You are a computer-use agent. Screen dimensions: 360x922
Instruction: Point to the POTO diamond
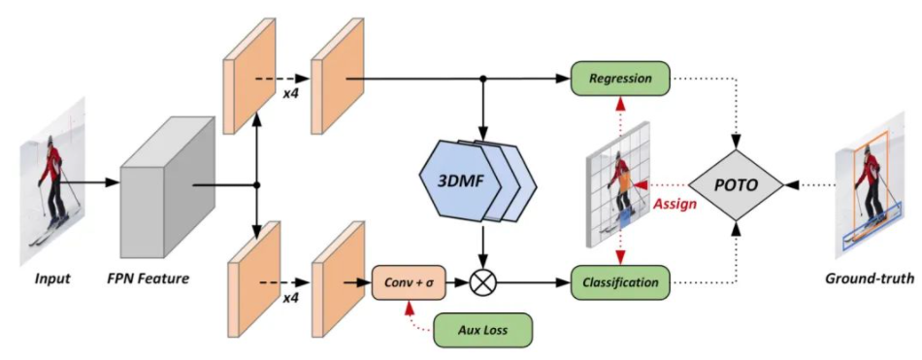click(737, 181)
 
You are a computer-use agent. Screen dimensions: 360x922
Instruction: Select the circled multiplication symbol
click(482, 283)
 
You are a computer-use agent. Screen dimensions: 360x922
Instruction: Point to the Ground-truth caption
click(869, 279)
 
